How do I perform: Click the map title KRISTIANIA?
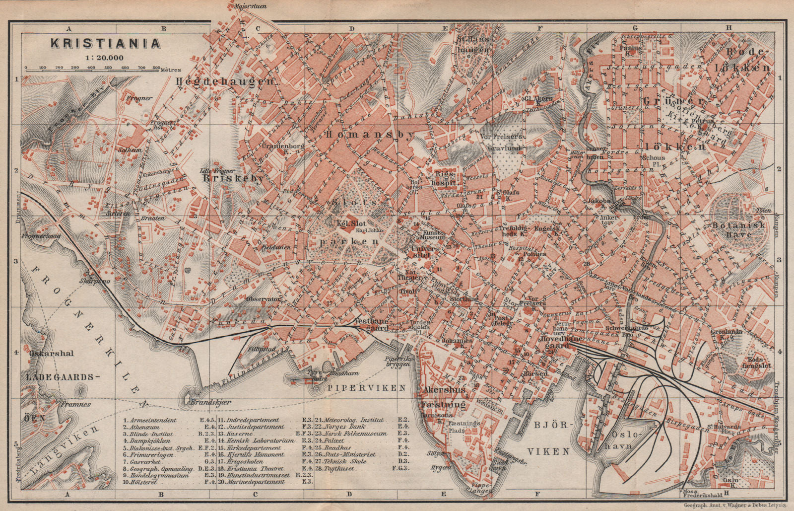tap(105, 43)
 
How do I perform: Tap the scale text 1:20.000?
tap(104, 57)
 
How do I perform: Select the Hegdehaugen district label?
tap(225, 81)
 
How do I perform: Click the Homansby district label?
tap(369, 136)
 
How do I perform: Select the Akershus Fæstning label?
tap(444, 397)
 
